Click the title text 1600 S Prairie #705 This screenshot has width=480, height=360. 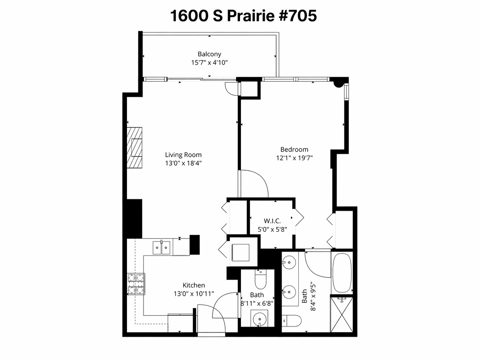243,16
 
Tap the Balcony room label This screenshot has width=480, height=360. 209,54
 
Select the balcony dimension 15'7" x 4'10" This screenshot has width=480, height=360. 209,63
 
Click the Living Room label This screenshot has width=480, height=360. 183,155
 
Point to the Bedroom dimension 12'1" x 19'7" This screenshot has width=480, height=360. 294,158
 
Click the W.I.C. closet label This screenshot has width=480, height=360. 272,221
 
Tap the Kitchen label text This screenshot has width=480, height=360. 194,285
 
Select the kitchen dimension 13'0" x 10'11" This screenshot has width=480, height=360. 194,294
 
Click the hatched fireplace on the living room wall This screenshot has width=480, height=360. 135,148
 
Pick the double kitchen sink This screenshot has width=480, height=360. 161,248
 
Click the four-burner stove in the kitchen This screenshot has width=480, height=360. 136,284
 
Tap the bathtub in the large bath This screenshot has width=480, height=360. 342,273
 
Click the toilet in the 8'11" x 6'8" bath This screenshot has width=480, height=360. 260,280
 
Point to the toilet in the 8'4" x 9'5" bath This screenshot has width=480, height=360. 292,321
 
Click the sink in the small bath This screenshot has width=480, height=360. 259,319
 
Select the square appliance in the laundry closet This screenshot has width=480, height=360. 241,253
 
